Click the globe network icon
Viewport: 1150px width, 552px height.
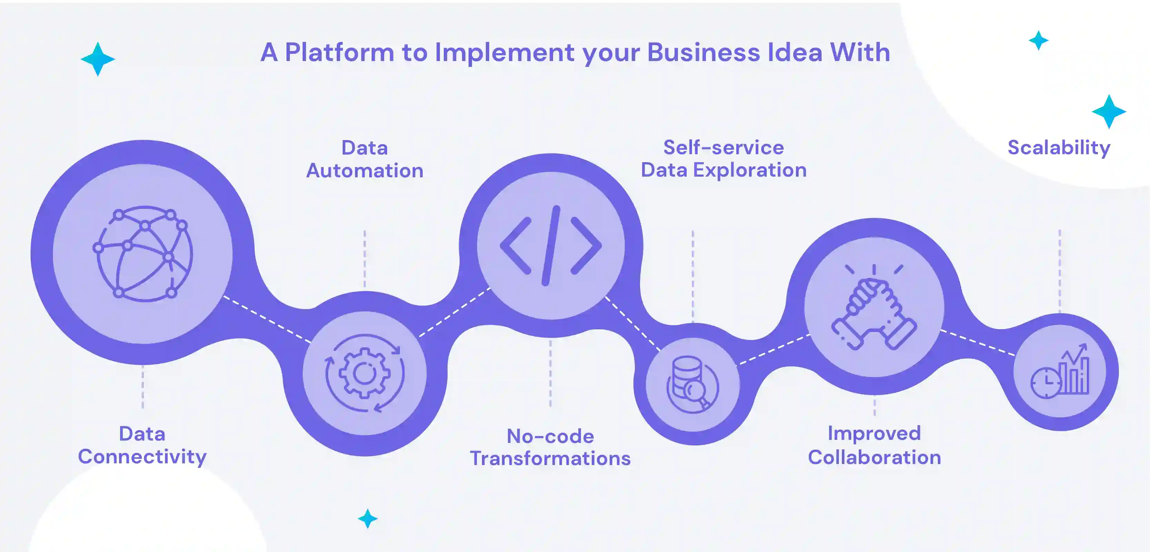(x=143, y=254)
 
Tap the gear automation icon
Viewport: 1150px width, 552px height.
(x=365, y=373)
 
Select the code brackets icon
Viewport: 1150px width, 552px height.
(x=551, y=245)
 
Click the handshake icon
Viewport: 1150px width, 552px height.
(x=874, y=308)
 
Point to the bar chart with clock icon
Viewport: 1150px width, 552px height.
(x=1060, y=371)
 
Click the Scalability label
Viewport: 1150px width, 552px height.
(x=1059, y=148)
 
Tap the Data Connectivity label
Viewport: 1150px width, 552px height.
(x=142, y=445)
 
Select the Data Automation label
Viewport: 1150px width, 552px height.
(x=365, y=159)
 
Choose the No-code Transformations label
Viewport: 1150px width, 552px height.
(x=550, y=447)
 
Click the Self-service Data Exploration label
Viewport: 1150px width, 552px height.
(x=724, y=159)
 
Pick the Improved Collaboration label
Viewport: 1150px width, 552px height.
(x=874, y=445)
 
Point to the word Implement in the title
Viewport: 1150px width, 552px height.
(x=504, y=53)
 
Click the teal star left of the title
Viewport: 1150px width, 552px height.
(x=98, y=59)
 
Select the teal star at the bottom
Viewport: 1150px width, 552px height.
(x=368, y=519)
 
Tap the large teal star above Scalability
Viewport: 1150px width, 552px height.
(x=1109, y=111)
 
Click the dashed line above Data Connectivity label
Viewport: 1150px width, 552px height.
(x=143, y=386)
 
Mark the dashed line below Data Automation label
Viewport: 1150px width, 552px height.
(x=365, y=259)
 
